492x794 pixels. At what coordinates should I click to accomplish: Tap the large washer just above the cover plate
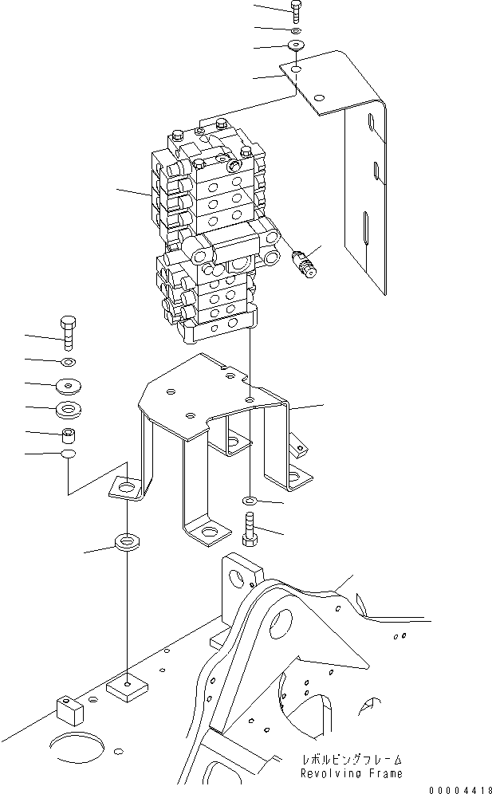tap(297, 44)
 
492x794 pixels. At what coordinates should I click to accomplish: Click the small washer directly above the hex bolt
tap(248, 501)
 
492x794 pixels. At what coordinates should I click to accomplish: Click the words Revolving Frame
tap(351, 773)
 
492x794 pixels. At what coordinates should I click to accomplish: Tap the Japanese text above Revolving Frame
tap(351, 760)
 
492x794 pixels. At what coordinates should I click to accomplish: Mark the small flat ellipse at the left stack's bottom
tap(68, 454)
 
